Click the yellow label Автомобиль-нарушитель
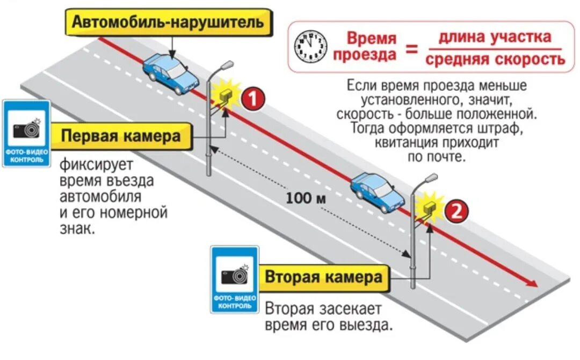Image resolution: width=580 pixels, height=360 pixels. click(168, 23)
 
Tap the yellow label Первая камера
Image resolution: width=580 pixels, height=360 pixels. click(121, 136)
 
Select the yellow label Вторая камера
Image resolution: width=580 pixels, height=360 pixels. click(324, 278)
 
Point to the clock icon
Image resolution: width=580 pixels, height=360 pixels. click(311, 46)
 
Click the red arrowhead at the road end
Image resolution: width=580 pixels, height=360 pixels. click(532, 283)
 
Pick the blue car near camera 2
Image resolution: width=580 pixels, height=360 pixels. click(377, 192)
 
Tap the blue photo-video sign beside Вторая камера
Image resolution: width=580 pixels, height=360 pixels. click(234, 279)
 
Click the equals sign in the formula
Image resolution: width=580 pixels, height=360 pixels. click(411, 50)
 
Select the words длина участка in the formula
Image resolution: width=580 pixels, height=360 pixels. click(495, 37)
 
